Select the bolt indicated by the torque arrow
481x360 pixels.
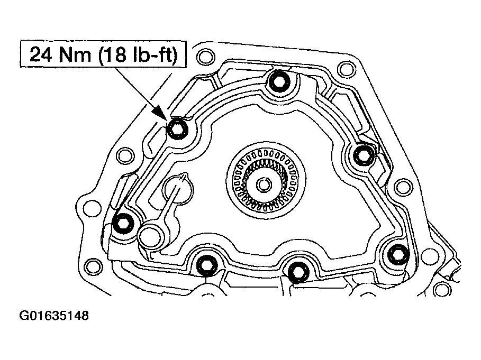tap(176, 127)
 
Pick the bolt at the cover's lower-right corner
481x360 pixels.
tap(396, 255)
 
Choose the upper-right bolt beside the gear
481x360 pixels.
tap(363, 155)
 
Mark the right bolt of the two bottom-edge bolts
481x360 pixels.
tap(298, 271)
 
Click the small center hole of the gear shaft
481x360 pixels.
tap(263, 185)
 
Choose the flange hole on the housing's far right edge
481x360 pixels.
tap(403, 186)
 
